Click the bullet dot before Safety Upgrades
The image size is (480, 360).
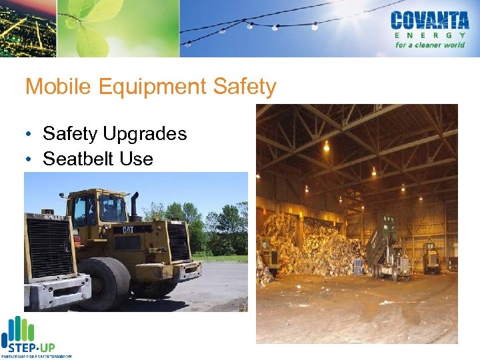pyautogui.click(x=31, y=135)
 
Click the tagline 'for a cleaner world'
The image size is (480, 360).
pyautogui.click(x=429, y=45)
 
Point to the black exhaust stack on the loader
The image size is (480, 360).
pyautogui.click(x=134, y=203)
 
